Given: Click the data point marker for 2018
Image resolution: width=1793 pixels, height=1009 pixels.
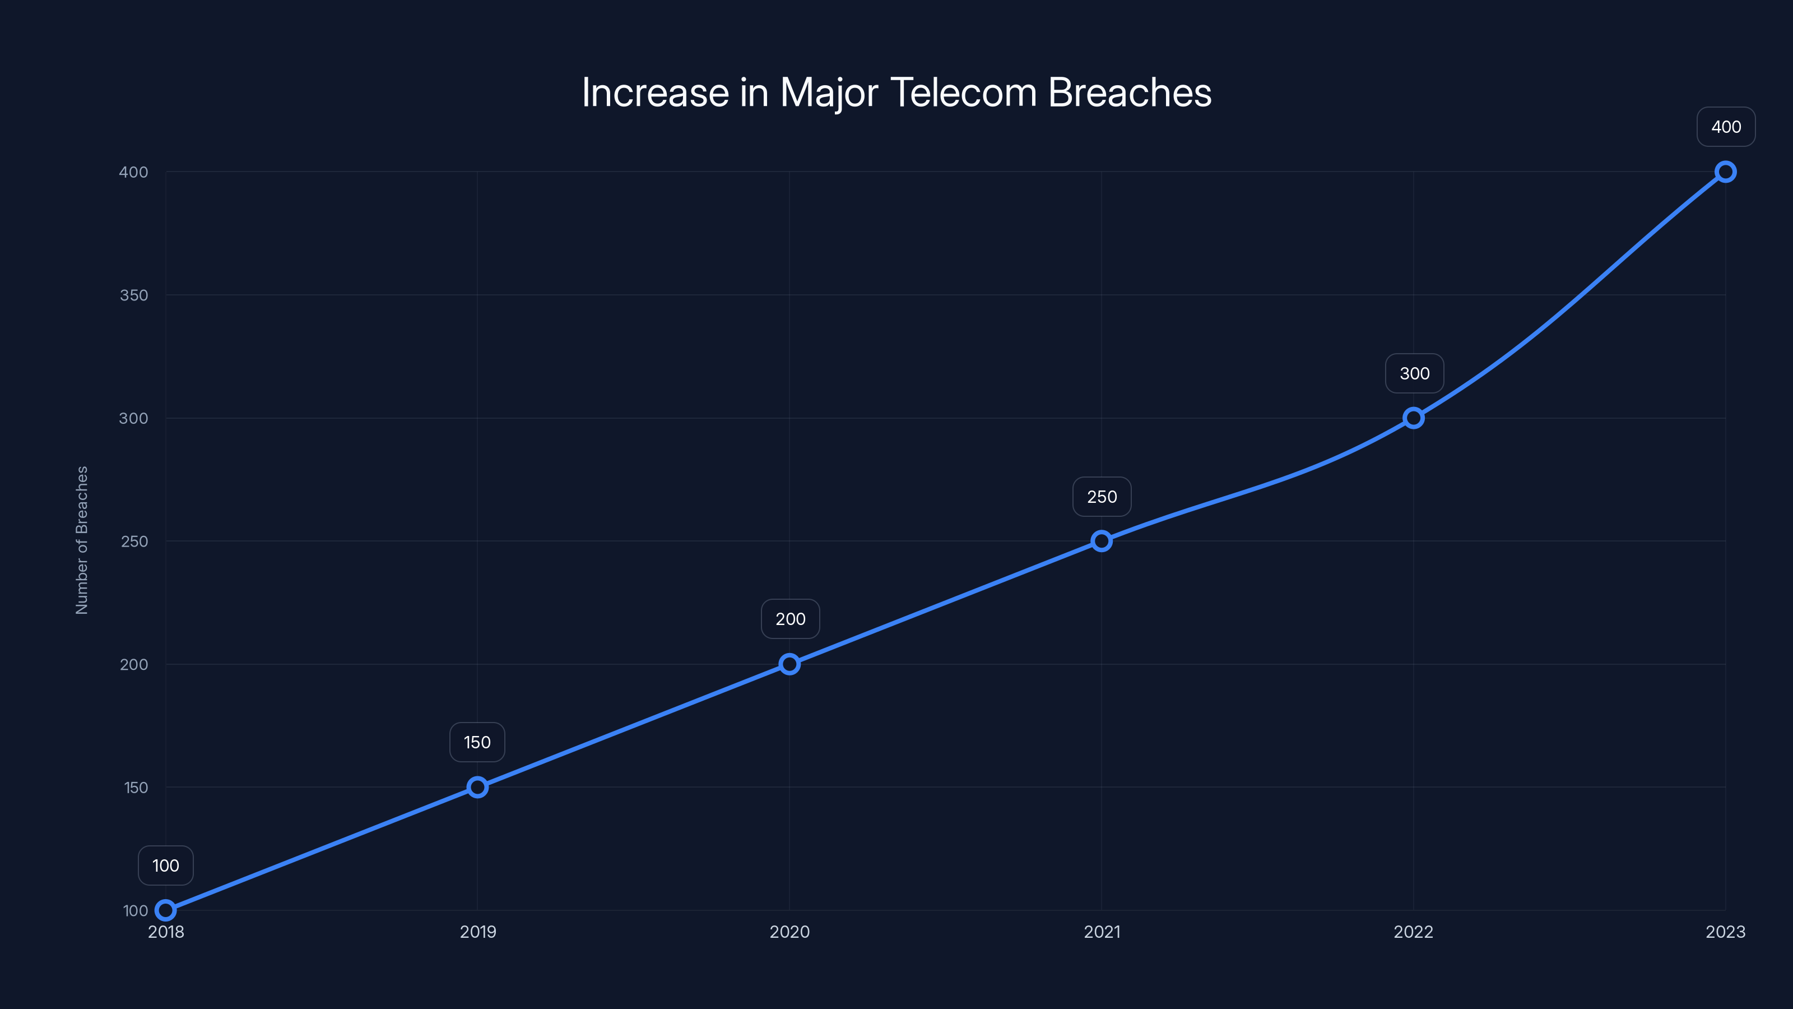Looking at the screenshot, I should point(166,910).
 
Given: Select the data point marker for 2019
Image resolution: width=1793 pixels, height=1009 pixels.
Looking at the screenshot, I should point(477,787).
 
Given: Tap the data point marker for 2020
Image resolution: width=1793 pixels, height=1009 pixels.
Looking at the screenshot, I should point(789,664).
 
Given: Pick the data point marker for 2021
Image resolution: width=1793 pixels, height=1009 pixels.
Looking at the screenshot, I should point(1101,541).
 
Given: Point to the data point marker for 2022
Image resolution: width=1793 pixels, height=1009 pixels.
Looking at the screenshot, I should point(1413,418).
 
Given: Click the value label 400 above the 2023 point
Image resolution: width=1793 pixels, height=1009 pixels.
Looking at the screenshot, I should point(1726,127).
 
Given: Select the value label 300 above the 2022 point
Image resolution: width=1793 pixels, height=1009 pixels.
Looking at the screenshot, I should point(1414,373).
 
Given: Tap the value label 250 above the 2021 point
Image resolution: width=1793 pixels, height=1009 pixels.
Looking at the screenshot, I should point(1102,497).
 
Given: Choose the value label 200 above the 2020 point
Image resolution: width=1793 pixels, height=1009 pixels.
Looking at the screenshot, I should point(790,619).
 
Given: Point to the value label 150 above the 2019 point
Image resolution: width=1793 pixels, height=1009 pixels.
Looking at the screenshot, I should point(477,742).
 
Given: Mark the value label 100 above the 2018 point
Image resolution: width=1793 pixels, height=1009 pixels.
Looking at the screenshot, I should point(166,865).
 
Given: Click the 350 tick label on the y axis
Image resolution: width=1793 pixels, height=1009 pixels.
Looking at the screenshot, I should point(134,295).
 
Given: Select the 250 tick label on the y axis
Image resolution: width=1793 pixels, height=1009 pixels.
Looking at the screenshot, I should point(134,541).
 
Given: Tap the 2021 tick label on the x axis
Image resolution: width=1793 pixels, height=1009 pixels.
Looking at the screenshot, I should point(1102,932).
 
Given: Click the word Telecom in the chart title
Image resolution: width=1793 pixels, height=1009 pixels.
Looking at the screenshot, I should point(963,92).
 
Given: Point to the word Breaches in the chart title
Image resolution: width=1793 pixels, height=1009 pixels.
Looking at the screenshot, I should point(1130,92).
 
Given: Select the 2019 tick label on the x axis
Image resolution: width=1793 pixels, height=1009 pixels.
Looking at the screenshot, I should point(478,932).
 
